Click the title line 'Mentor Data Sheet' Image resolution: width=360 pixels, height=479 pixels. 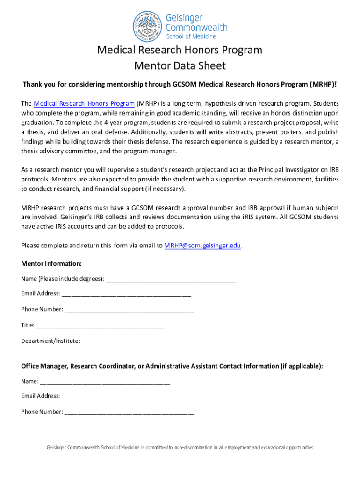(x=180, y=65)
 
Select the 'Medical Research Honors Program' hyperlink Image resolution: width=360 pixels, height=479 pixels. (x=84, y=103)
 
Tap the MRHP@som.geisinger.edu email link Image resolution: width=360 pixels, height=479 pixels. (x=203, y=246)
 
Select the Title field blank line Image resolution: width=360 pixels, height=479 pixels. (x=101, y=325)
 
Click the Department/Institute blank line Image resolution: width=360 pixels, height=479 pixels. (x=146, y=341)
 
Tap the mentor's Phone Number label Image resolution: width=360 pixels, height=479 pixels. (x=42, y=309)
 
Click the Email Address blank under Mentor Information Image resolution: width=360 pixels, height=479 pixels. (x=126, y=294)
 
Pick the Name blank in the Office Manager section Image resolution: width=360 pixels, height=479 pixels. (x=105, y=381)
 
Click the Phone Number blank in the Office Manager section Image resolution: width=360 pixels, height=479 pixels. (x=129, y=412)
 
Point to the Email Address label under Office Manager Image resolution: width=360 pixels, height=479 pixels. (x=40, y=396)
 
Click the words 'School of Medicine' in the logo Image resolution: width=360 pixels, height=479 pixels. (x=191, y=36)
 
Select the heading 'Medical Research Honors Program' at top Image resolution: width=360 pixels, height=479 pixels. (x=180, y=50)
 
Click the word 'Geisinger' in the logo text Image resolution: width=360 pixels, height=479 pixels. (x=184, y=18)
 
